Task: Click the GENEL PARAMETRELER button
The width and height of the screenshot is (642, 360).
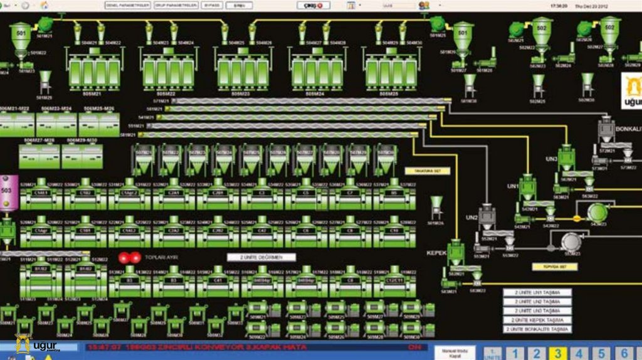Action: coord(127,5)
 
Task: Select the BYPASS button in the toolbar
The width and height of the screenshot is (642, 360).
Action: coord(214,5)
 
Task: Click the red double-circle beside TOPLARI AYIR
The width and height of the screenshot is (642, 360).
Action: coord(130,257)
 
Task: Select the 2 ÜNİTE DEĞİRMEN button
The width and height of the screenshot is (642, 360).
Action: coord(261,257)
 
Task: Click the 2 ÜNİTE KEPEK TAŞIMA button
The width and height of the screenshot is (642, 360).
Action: coord(537,320)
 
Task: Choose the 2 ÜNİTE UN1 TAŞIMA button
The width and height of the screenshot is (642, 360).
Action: coord(537,301)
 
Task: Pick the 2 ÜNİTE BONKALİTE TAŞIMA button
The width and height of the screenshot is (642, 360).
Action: coord(537,329)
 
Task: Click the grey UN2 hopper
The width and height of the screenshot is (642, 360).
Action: coord(488,216)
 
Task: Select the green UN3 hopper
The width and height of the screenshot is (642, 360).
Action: coord(567,157)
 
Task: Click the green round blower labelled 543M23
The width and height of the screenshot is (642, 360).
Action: coord(597,213)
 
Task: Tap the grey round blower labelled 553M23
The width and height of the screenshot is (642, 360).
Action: coord(571,241)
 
